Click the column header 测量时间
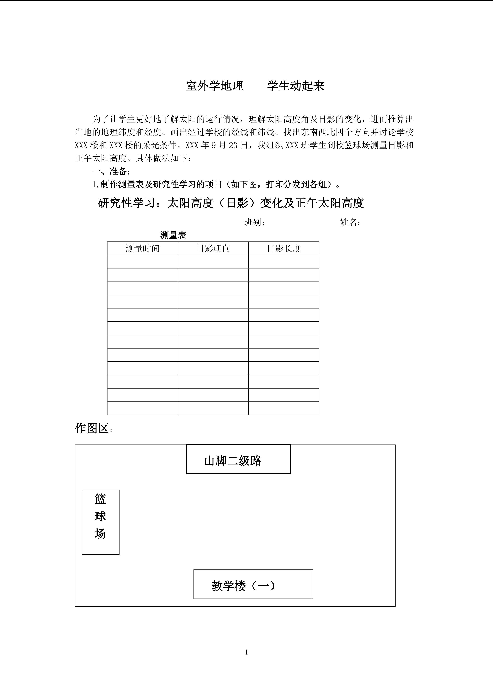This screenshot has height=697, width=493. [x=142, y=249]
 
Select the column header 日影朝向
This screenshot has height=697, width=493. [x=213, y=249]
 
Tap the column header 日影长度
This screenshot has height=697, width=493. [x=283, y=249]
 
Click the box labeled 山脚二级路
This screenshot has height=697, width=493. [x=238, y=460]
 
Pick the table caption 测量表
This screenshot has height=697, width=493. [x=173, y=235]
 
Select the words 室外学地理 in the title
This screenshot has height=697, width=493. [x=215, y=86]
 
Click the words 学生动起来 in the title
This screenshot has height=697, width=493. [x=296, y=86]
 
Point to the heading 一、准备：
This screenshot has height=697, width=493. [x=111, y=172]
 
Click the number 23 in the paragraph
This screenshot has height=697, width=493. [x=233, y=145]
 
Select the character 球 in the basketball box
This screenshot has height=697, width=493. [x=100, y=516]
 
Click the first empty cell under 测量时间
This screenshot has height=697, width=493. [x=142, y=262]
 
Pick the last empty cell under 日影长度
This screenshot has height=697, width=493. [x=283, y=408]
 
